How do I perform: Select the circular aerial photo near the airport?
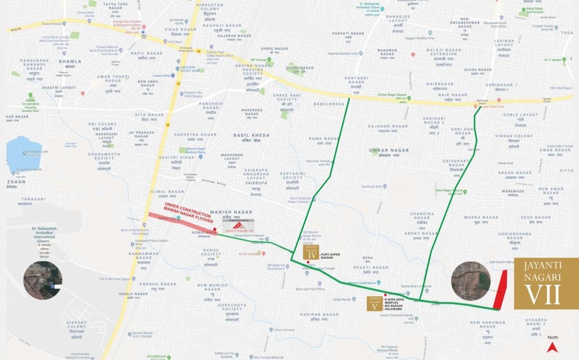43,280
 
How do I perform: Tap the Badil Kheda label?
252,136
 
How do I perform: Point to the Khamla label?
70,61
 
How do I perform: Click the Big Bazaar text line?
401,304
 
